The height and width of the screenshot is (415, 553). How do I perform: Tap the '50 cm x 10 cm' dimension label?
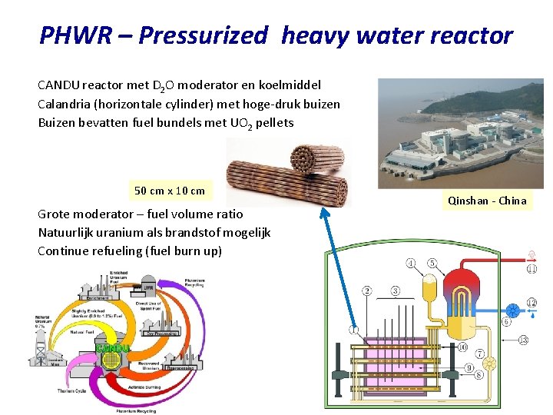(x=170, y=191)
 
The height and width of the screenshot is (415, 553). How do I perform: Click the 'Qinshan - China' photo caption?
(x=487, y=201)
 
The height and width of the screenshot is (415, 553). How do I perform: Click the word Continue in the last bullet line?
(x=63, y=251)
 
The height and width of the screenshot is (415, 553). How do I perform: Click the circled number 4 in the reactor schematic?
(x=353, y=330)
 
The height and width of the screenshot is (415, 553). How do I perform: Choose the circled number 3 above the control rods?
(x=395, y=290)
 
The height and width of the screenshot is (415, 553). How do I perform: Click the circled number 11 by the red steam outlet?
(x=531, y=269)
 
